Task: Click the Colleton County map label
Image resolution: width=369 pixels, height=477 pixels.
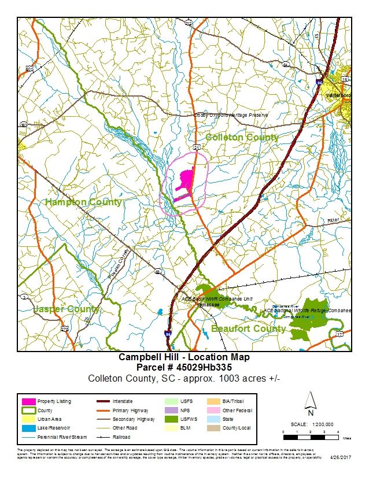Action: [242, 138]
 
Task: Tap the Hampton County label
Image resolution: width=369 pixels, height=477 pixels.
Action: [83, 202]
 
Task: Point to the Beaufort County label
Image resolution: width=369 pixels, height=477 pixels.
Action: [248, 328]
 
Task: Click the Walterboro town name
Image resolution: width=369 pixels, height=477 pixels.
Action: [338, 95]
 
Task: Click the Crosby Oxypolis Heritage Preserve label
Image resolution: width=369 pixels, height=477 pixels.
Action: [231, 115]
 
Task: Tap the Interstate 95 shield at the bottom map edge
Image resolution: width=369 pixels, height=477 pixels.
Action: [168, 334]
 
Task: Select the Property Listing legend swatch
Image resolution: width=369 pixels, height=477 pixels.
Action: [28, 401]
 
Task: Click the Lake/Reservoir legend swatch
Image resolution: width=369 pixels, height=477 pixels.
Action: [28, 428]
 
